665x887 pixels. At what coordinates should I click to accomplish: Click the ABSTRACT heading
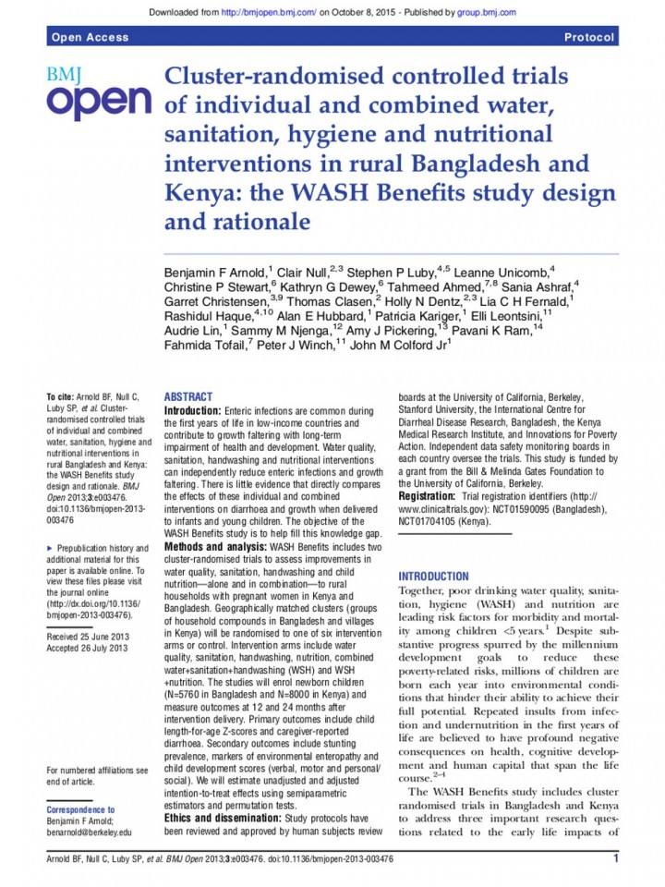(x=187, y=396)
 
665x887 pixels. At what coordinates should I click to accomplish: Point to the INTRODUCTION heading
(x=433, y=576)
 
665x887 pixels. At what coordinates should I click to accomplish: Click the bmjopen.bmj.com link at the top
(x=268, y=12)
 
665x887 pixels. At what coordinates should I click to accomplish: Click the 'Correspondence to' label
(x=80, y=808)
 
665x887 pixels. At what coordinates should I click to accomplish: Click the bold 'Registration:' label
(x=428, y=496)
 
